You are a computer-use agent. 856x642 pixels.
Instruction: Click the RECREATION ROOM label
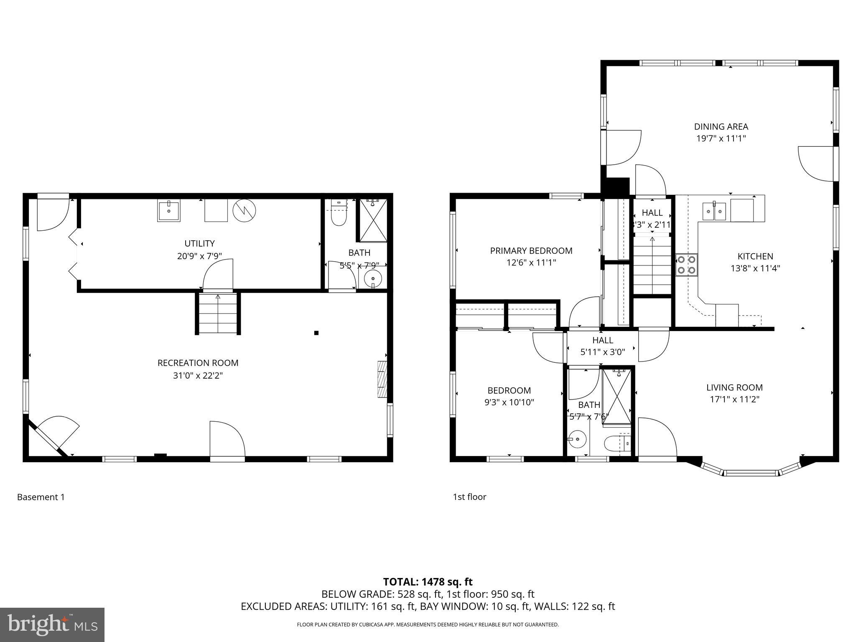[x=198, y=363]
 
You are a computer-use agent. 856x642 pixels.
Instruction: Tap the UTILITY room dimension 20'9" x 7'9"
[x=199, y=256]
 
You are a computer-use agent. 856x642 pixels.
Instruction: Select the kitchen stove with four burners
[x=687, y=265]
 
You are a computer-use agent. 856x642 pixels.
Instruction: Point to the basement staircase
[x=218, y=313]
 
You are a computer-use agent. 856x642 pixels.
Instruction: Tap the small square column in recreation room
[x=316, y=333]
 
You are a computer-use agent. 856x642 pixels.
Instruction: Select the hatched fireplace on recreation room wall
[x=382, y=379]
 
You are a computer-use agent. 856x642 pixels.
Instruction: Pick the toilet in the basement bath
[x=339, y=213]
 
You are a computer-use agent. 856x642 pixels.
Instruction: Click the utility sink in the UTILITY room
[x=168, y=211]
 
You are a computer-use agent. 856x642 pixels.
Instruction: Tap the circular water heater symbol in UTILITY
[x=244, y=210]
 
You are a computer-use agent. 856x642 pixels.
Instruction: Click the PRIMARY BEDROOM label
[x=531, y=251]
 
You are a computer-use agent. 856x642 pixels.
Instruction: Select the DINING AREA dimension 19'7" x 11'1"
[x=721, y=138]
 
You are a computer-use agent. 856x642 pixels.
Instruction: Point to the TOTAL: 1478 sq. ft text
[x=428, y=582]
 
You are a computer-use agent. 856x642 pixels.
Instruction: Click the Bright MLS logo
[x=52, y=624]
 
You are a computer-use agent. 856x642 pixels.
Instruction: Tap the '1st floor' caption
[x=469, y=497]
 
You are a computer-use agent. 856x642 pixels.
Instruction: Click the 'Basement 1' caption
[x=41, y=497]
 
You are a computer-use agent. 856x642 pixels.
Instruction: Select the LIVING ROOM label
[x=734, y=387]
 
